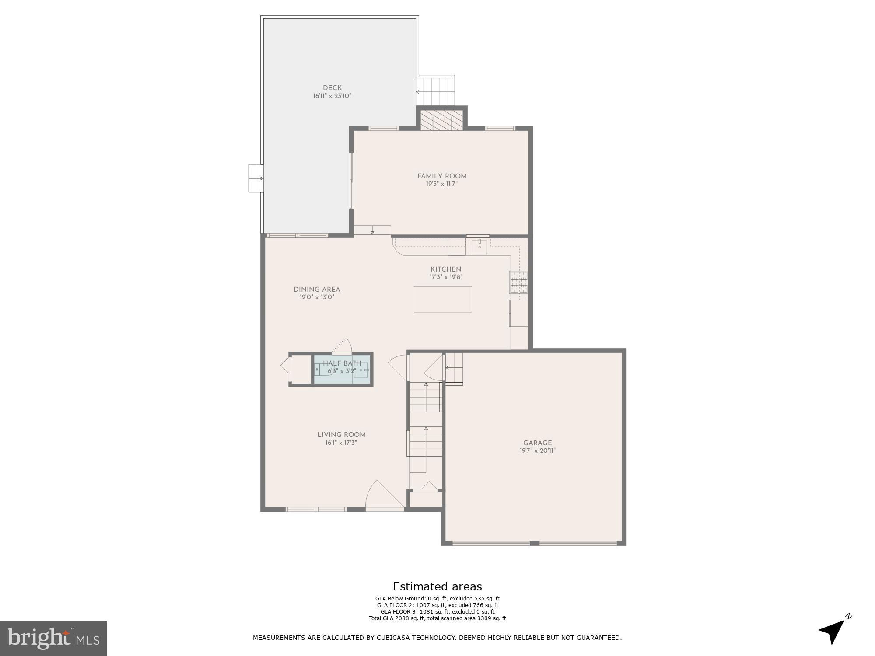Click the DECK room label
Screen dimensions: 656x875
click(332, 88)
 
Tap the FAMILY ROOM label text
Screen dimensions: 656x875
click(442, 176)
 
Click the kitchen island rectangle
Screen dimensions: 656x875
click(443, 299)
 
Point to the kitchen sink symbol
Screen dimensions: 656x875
click(479, 246)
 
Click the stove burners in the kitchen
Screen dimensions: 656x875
click(519, 282)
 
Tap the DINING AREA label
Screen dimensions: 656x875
click(317, 290)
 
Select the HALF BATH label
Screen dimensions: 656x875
click(342, 363)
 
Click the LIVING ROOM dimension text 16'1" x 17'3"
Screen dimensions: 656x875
click(341, 443)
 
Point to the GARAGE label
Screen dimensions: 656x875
click(537, 443)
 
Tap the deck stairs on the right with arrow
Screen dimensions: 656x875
click(435, 91)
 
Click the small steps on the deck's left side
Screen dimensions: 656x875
click(255, 178)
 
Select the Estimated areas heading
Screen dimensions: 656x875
click(437, 586)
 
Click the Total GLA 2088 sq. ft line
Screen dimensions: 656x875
click(437, 618)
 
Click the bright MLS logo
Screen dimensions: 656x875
click(53, 639)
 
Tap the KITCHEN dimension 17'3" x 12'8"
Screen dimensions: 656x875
click(446, 277)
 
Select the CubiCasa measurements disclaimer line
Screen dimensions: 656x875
click(437, 638)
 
